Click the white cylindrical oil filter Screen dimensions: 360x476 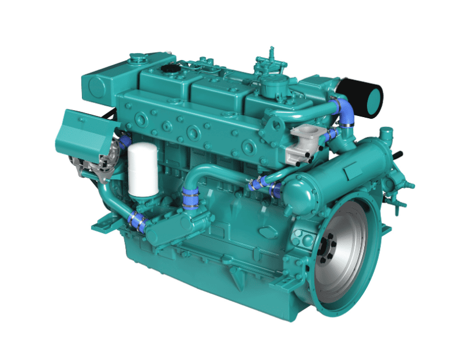[143, 169]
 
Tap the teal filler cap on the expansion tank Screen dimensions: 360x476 [138, 57]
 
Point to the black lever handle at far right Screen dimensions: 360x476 [398, 155]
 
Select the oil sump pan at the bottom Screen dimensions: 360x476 [202, 271]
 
